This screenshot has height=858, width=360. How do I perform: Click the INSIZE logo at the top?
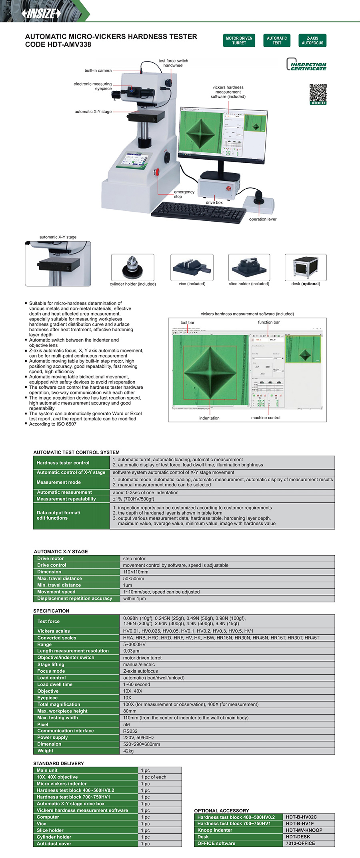[42, 13]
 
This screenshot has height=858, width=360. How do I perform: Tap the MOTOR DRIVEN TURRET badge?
[239, 40]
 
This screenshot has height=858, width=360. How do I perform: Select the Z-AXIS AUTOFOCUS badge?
[312, 40]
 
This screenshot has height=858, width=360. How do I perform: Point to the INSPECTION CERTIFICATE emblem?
[306, 65]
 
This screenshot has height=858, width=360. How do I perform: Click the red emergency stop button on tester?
[157, 172]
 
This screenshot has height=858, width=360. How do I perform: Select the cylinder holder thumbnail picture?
[132, 267]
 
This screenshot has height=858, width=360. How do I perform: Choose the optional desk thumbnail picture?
[306, 267]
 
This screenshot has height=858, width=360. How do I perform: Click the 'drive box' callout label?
[214, 202]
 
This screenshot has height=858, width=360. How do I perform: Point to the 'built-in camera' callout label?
[98, 70]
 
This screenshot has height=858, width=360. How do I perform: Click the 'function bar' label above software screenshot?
[268, 322]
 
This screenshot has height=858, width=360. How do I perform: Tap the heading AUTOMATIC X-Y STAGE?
[61, 551]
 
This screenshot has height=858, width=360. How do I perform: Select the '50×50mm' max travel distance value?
[134, 578]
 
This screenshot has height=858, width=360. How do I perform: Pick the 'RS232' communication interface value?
[130, 731]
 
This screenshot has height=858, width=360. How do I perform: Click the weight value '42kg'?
[128, 751]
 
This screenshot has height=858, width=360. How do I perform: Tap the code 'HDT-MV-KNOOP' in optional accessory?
[304, 830]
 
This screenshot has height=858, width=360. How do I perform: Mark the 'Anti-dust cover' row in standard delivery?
[54, 844]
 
